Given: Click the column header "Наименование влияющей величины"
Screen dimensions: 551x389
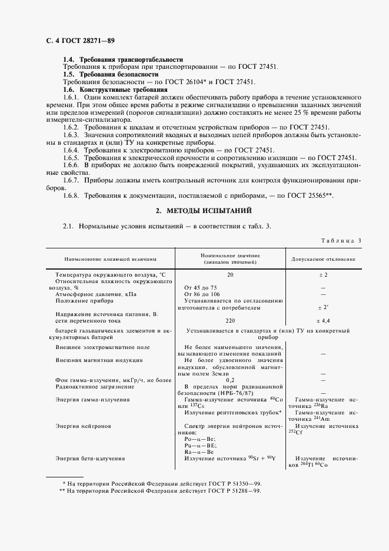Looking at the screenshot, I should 106,258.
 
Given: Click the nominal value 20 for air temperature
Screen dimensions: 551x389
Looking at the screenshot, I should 230,274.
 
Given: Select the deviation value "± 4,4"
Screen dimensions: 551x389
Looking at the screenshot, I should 323,321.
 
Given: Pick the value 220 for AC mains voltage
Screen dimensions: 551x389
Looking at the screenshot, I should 230,321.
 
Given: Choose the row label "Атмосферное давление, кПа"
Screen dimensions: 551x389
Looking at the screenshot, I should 96,294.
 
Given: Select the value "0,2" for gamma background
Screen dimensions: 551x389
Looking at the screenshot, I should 230,380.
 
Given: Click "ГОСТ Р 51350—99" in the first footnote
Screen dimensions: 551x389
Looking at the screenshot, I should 231,483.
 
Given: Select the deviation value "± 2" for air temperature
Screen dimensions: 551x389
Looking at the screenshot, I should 323,274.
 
